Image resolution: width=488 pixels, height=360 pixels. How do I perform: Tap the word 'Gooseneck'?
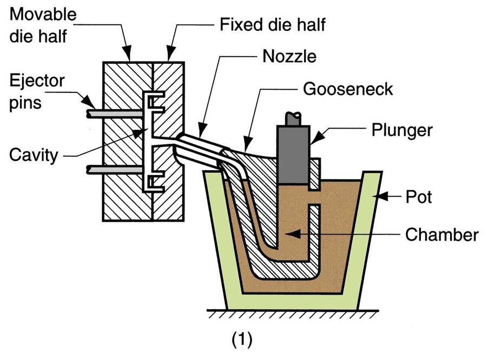[x=348, y=89]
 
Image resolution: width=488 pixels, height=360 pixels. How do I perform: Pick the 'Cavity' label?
[x=33, y=155]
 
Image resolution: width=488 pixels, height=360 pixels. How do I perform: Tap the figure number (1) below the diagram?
[x=242, y=339]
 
